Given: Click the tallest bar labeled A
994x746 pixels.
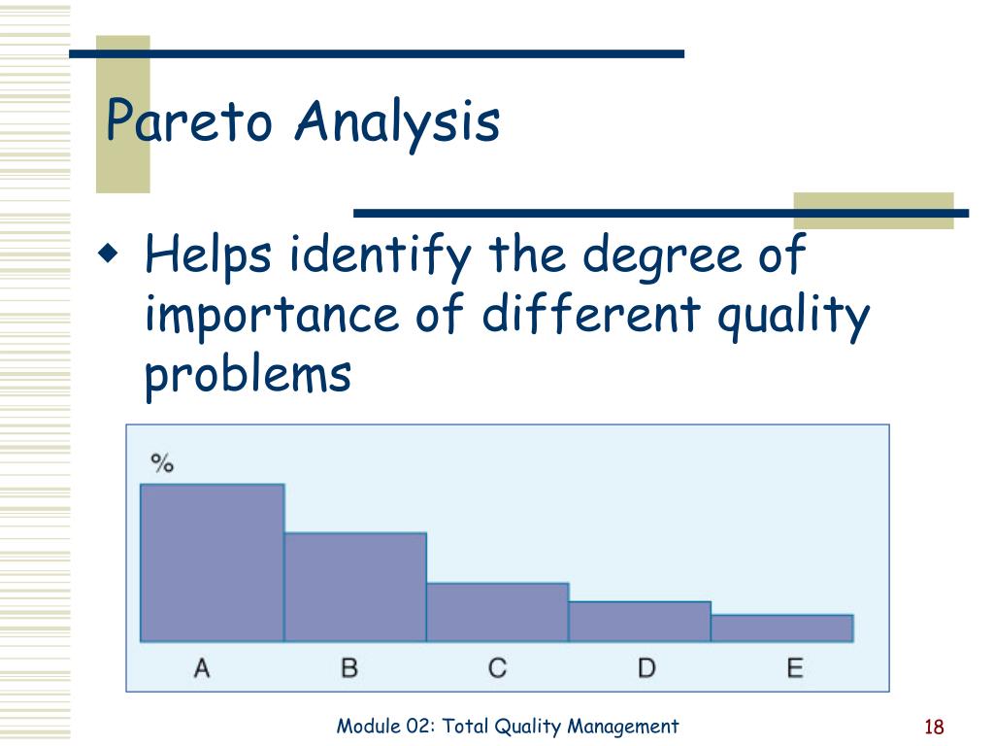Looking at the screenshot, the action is tap(213, 562).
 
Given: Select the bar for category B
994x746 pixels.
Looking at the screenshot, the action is tap(355, 588).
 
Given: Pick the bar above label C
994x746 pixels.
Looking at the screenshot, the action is tap(498, 612).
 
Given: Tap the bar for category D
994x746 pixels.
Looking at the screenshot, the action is tap(641, 622).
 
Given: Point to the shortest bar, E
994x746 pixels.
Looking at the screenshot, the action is tap(782, 628).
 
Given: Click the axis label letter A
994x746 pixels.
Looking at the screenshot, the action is tap(202, 668).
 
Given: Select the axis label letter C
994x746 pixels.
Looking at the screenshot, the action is tap(498, 668).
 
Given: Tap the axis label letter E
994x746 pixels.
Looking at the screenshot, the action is tap(795, 668).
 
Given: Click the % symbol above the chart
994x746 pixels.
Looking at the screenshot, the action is tap(162, 463).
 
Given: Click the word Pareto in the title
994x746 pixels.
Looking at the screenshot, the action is tap(189, 119).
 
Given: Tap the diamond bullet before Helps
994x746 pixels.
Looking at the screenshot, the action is tap(109, 254).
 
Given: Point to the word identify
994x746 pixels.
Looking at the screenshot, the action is tap(381, 256).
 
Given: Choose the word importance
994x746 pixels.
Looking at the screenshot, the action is tap(272, 317).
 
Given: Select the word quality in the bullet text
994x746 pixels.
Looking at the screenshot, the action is tap(794, 317).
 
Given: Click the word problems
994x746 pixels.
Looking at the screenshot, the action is tap(248, 375).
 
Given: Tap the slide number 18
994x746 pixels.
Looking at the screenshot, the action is tap(934, 727).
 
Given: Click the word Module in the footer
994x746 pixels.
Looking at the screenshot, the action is tap(368, 726).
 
